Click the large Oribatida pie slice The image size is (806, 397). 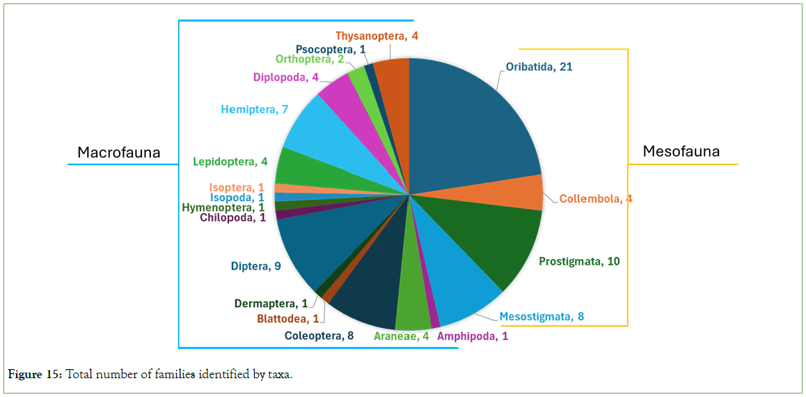[466, 125]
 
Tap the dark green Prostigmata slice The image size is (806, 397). [487, 237]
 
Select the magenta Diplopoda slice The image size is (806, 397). [339, 94]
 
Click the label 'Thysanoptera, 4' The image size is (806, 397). [377, 36]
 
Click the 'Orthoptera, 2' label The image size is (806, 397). [310, 59]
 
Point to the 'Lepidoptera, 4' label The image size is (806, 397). [229, 162]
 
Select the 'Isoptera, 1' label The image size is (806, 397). [236, 187]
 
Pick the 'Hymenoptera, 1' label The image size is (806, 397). [223, 207]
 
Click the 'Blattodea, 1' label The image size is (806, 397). [287, 319]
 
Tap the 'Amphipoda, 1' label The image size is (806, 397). [473, 336]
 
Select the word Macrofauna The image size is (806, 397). [118, 153]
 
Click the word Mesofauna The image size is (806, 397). [681, 151]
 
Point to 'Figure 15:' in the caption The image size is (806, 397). [35, 375]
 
